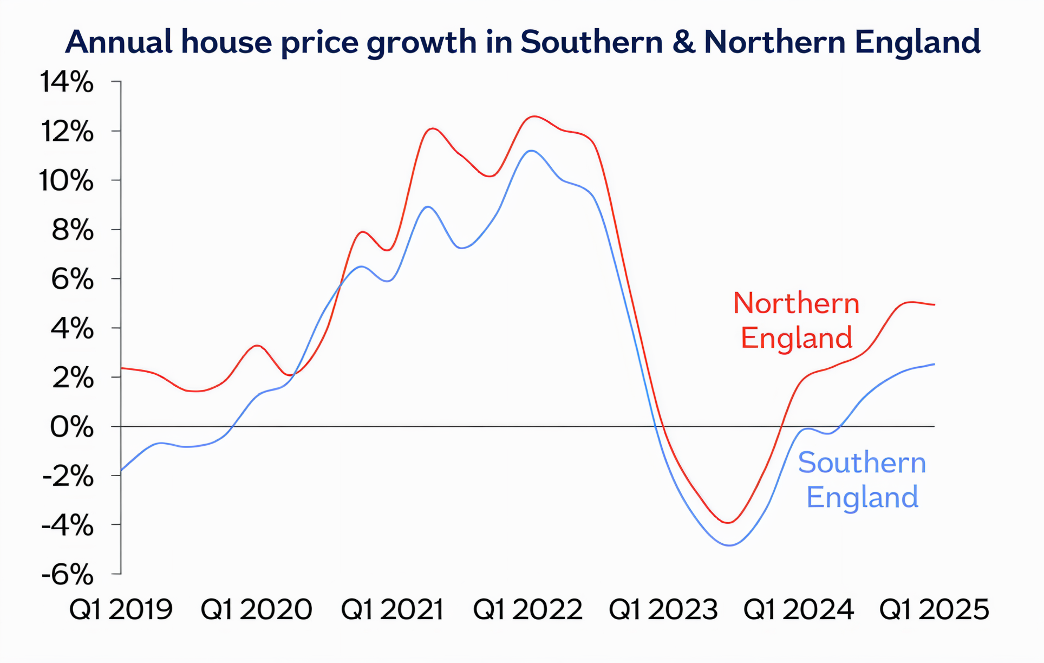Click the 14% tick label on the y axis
click(x=67, y=82)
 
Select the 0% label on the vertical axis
click(x=71, y=427)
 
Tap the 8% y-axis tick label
click(x=73, y=231)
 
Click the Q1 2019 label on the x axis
click(x=121, y=609)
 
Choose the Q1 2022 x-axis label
click(x=527, y=609)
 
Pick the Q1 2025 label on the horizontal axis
click(x=934, y=609)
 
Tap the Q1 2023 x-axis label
click(x=663, y=609)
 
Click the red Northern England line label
click(x=796, y=320)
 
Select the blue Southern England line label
click(x=862, y=479)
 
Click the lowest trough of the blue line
click(x=729, y=545)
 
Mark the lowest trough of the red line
click(x=728, y=523)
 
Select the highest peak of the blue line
click(x=531, y=151)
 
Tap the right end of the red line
click(x=935, y=305)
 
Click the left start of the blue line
click(x=121, y=470)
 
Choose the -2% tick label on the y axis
click(x=68, y=477)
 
